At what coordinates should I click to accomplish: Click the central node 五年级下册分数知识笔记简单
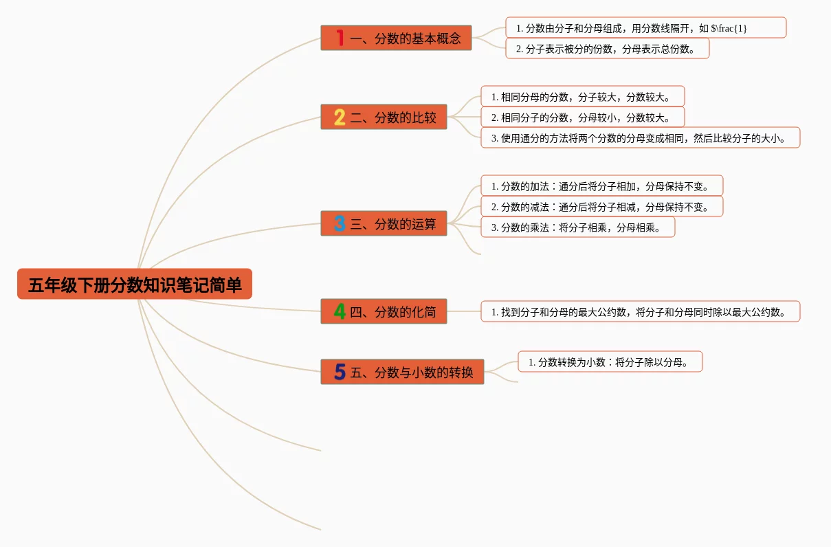pos(135,284)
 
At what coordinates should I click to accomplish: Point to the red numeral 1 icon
pos(340,38)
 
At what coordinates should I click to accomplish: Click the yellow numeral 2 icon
pos(340,118)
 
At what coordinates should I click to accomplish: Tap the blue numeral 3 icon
pos(340,224)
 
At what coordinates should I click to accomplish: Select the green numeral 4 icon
pos(340,312)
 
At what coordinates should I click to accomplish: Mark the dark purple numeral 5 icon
pos(340,372)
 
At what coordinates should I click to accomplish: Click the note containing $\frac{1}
pos(645,28)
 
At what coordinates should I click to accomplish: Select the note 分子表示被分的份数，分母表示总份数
pos(607,49)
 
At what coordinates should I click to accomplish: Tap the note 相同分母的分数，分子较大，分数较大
pos(582,97)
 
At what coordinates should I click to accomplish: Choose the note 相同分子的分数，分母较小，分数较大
pos(582,118)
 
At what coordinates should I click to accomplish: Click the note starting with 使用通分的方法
pos(640,138)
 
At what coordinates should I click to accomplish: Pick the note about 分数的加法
pos(601,186)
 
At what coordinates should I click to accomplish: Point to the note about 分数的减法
pos(601,207)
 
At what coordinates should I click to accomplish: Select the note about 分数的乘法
pos(577,227)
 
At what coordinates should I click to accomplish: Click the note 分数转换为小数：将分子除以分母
pos(610,362)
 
